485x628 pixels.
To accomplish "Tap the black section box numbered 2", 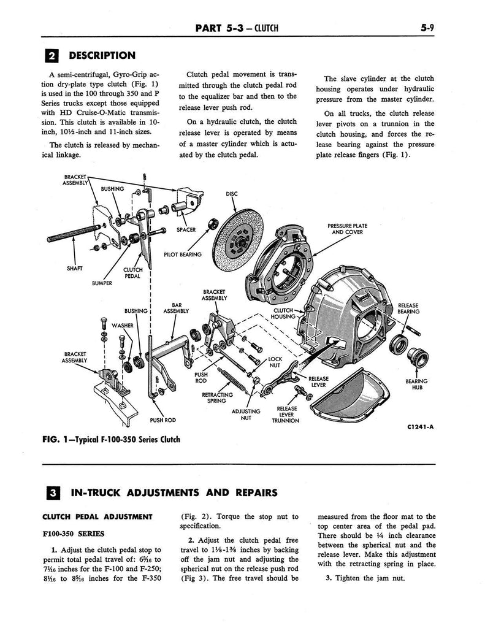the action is tap(52, 56).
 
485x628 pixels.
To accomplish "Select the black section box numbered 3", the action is tap(53, 492).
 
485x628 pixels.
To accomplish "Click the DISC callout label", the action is tap(232, 194).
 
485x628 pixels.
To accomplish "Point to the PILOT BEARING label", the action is tap(183, 255).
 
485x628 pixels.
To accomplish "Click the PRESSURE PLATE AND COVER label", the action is tap(347, 229).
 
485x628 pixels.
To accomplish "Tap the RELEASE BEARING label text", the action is tap(408, 308).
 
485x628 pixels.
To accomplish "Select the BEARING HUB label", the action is tap(416, 384).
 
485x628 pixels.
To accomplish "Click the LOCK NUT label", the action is tap(275, 362).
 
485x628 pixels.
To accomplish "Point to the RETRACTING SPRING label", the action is tap(217, 397).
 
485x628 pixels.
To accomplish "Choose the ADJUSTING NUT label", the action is tap(245, 415).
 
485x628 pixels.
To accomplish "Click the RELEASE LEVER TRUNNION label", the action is tap(286, 415).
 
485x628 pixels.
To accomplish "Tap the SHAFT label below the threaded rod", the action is tap(74, 269).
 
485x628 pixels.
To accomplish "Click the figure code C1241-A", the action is tap(420, 427).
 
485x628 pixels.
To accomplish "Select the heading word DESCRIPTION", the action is tap(102, 56).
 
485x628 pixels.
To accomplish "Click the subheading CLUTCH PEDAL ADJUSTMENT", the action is tap(97, 516).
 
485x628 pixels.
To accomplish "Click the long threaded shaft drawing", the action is tap(74, 234).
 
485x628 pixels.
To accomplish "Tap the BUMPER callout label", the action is tap(102, 283).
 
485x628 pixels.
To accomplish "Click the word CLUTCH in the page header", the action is tap(265, 28).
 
